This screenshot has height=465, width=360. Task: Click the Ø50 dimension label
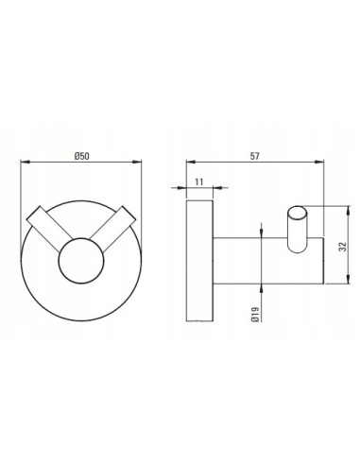pyautogui.click(x=82, y=156)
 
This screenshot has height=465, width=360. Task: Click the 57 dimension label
pyautogui.click(x=255, y=156)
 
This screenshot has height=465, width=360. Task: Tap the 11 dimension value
pyautogui.click(x=199, y=181)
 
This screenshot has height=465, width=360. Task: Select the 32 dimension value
pyautogui.click(x=343, y=246)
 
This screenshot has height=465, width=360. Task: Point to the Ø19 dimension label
pyautogui.click(x=255, y=315)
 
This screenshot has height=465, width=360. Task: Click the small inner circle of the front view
pyautogui.click(x=81, y=261)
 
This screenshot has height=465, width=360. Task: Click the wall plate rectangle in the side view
pyautogui.click(x=199, y=261)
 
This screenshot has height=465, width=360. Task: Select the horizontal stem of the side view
pyautogui.click(x=268, y=261)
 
